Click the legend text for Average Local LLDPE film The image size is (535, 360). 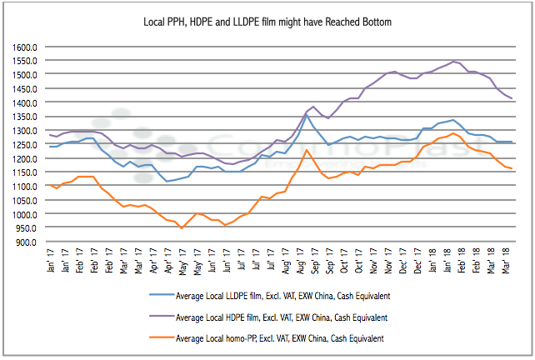point(282,297)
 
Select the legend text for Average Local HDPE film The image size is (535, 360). point(282,317)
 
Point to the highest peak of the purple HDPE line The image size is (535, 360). point(453,61)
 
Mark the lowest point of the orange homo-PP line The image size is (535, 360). point(181,228)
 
